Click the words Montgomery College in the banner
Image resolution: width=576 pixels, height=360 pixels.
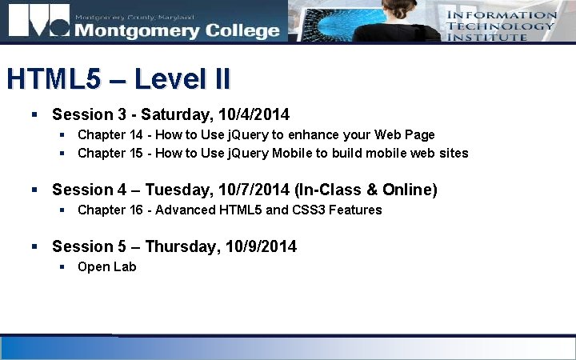[x=176, y=30]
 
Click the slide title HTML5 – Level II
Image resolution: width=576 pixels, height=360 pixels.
[x=118, y=80]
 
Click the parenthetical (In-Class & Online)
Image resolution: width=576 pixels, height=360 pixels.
[x=365, y=190]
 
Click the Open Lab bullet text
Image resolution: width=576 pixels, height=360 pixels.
[x=106, y=266]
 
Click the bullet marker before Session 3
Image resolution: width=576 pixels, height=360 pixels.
[x=34, y=115]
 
